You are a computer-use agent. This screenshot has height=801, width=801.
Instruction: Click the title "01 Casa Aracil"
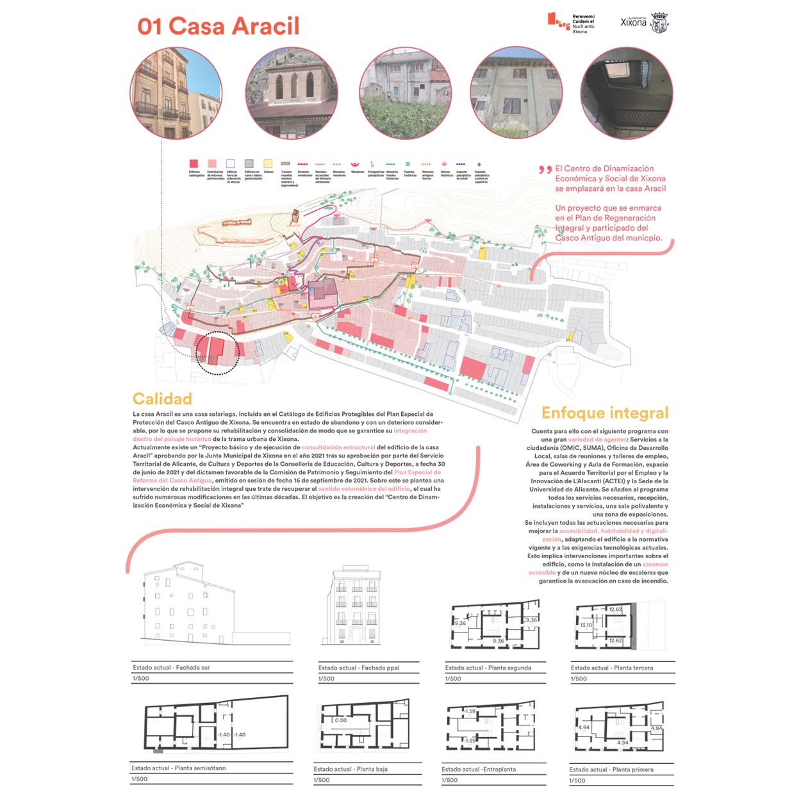[219, 26]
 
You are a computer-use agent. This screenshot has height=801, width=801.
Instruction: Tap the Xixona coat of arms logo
[659, 23]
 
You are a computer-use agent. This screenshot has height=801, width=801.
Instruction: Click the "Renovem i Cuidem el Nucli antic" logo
[571, 23]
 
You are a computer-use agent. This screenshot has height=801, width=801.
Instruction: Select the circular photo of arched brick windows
[292, 93]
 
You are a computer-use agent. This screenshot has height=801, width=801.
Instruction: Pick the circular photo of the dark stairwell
[627, 93]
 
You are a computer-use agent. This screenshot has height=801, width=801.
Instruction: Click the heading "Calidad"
[162, 399]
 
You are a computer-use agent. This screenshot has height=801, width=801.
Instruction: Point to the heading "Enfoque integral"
[604, 413]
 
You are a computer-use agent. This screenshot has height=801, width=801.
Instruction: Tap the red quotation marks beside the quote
[545, 170]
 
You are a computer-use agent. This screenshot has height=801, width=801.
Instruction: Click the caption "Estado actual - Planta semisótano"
[179, 768]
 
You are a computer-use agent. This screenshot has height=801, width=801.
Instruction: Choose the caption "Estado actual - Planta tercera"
[612, 668]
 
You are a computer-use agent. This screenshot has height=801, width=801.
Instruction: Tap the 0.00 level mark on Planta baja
[341, 720]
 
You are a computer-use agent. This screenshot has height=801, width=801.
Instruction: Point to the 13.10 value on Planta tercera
[586, 625]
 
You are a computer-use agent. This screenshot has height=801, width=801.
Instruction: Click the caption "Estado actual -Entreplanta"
[479, 769]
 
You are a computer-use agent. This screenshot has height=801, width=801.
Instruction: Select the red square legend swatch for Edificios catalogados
[194, 164]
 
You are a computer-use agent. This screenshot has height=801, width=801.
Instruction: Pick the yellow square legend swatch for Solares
[268, 164]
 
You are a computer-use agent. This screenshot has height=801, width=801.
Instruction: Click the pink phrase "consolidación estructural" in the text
[338, 447]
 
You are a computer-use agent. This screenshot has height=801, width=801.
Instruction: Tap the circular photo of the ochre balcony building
[176, 93]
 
